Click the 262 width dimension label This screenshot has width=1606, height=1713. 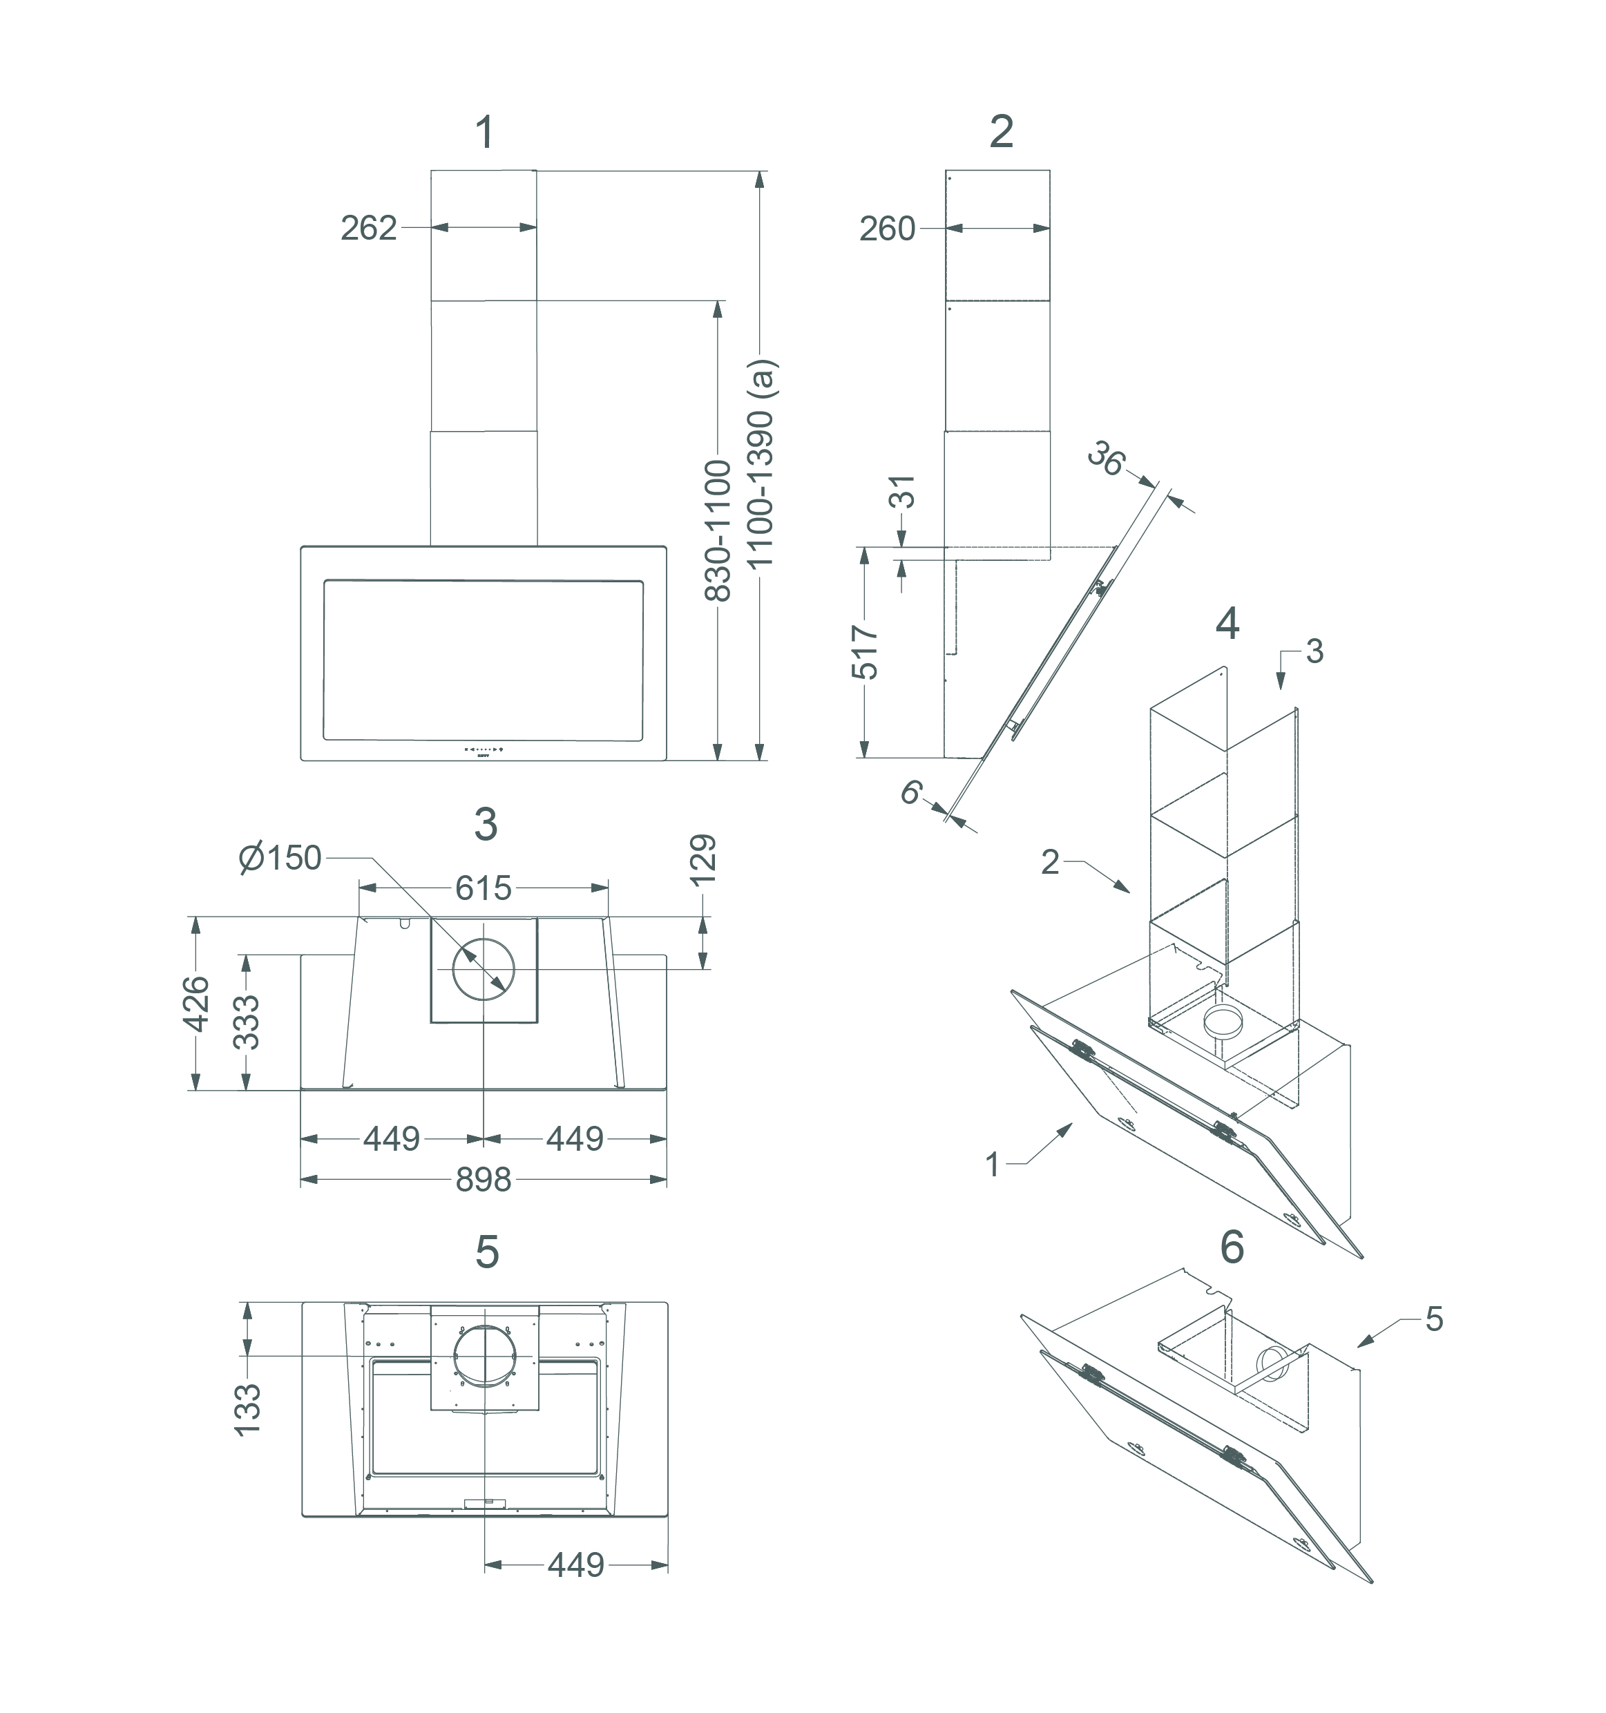(369, 229)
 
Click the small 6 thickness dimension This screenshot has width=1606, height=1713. (910, 792)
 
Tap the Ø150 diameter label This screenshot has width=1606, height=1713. (280, 858)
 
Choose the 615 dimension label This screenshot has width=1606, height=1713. (484, 888)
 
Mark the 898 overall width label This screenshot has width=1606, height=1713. (484, 1180)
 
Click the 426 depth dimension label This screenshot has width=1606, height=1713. (198, 1004)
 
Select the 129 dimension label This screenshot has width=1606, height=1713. (704, 859)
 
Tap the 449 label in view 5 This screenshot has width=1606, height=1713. (575, 1564)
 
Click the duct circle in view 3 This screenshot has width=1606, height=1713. (484, 969)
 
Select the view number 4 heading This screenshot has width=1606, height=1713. (1227, 624)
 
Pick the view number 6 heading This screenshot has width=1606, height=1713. (1232, 1247)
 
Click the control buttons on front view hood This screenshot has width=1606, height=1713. (484, 749)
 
